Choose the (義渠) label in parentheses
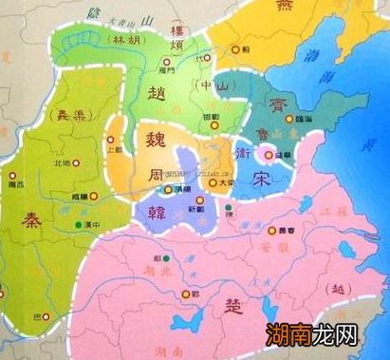[64, 115]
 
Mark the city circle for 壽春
[269, 231]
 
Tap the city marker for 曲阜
[268, 155]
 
